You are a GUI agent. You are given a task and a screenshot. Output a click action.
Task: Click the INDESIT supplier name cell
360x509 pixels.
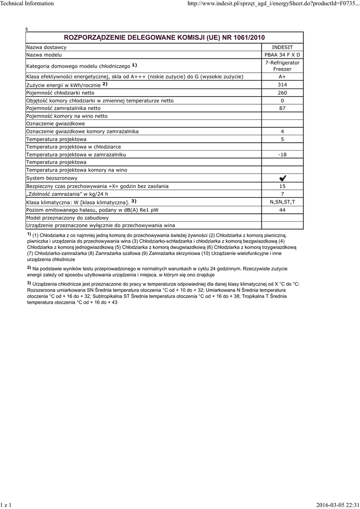click(x=282, y=47)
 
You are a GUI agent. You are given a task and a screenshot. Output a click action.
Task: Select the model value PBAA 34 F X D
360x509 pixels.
click(x=282, y=55)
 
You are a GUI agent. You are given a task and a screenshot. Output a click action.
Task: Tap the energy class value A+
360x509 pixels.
click(x=282, y=77)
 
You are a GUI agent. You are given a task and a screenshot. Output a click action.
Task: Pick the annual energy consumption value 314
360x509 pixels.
click(x=282, y=85)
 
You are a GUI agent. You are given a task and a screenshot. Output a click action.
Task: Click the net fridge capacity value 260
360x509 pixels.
click(x=282, y=93)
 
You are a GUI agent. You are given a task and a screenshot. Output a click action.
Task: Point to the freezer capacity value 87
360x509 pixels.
click(x=282, y=108)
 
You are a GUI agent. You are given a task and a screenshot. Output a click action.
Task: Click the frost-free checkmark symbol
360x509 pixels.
click(x=282, y=178)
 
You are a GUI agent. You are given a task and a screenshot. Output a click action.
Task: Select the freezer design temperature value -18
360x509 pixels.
click(x=282, y=155)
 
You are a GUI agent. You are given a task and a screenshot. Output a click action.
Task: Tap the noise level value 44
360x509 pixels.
click(x=282, y=210)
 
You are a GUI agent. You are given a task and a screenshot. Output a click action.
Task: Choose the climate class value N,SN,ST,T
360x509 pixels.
click(x=282, y=202)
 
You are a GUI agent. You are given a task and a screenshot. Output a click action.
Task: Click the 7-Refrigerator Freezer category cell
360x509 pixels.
click(x=282, y=66)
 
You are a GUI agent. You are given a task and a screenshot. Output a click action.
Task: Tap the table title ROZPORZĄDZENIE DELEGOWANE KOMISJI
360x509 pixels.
click(x=165, y=37)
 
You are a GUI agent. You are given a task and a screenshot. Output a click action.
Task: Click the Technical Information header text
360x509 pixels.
click(x=27, y=3)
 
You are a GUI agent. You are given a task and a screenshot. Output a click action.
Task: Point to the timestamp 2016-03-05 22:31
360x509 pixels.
click(x=337, y=505)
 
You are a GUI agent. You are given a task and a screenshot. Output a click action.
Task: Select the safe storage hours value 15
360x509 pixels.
click(x=282, y=186)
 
